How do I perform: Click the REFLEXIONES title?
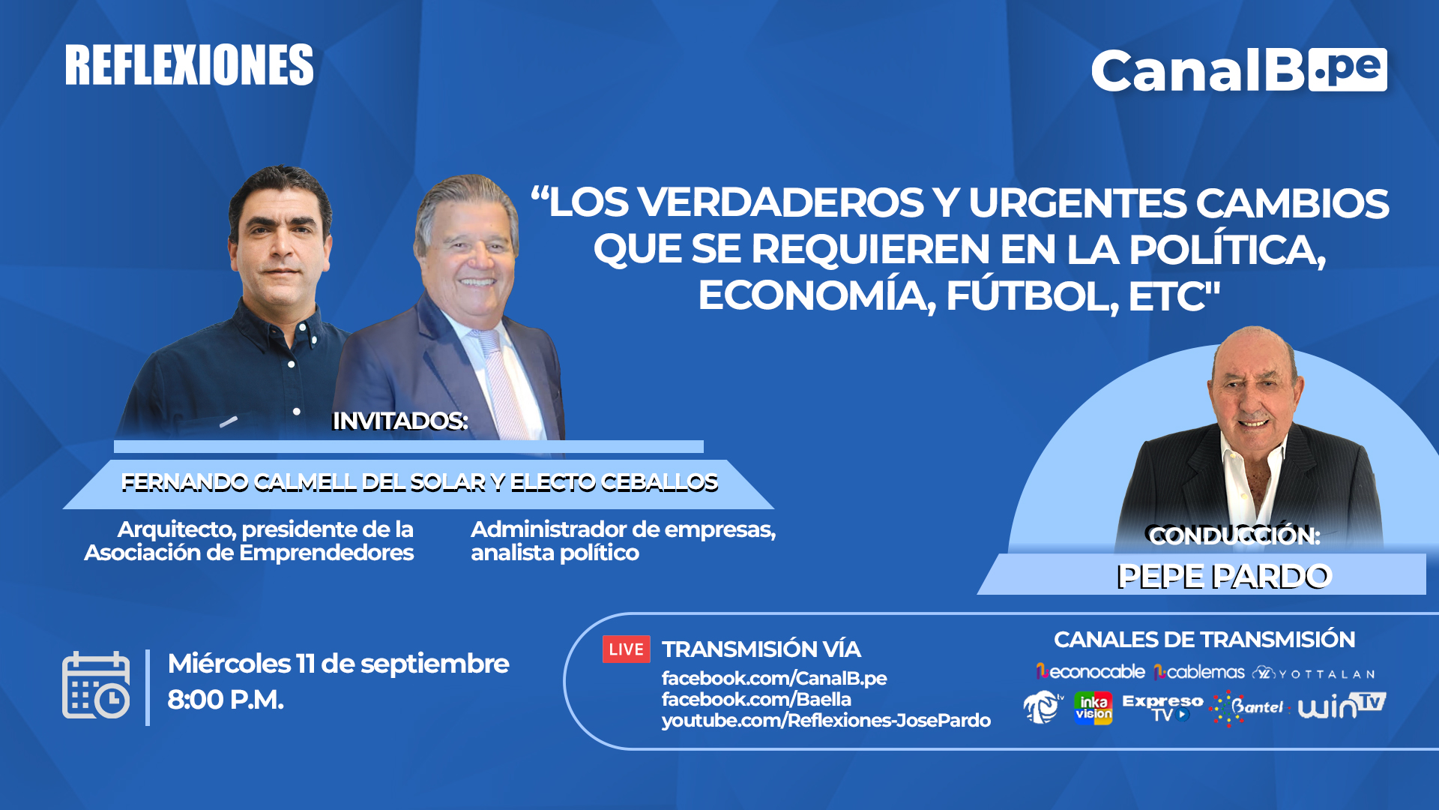(189, 64)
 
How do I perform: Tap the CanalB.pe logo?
(1239, 70)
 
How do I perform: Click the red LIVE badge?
(626, 649)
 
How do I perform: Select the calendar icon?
(96, 685)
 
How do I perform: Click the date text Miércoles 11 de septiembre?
(338, 664)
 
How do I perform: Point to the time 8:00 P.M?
(226, 700)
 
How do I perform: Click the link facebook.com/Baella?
(756, 699)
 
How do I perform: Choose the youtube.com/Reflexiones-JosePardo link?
(826, 720)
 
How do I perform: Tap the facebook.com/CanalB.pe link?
(774, 678)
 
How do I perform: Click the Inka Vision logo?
(1093, 708)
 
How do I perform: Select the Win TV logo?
(1342, 706)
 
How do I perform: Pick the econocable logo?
(1090, 672)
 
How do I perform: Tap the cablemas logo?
(1199, 672)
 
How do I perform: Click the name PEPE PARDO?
(1224, 577)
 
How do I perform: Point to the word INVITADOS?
(399, 421)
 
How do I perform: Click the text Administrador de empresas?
(623, 529)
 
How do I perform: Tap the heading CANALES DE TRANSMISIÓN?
(1204, 640)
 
